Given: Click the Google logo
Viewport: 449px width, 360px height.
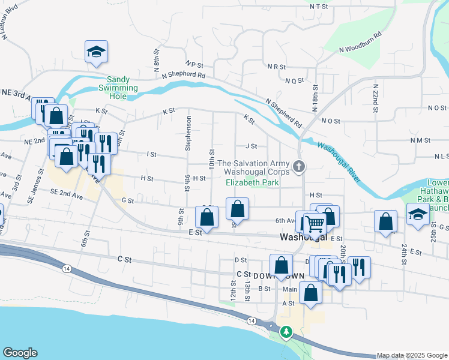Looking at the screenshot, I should point(20,353).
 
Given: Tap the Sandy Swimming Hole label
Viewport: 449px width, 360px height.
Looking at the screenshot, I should point(122,84).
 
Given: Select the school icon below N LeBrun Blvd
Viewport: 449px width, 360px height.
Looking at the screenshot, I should point(95,53).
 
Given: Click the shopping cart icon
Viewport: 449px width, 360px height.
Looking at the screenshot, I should point(314,225).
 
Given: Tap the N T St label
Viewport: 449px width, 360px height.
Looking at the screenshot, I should point(320,6).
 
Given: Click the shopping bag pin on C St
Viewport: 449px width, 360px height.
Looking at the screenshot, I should point(280,264).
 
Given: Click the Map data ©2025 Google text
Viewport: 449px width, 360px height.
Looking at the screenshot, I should point(411,355).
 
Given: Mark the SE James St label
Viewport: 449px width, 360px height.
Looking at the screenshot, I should point(40,181).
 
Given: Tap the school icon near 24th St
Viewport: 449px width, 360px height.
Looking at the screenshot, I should point(417,215).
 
